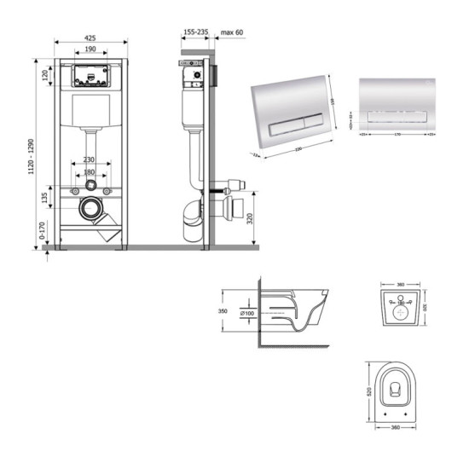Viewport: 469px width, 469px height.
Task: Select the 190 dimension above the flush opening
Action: click(x=90, y=49)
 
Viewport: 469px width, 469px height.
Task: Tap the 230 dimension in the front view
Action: click(x=90, y=160)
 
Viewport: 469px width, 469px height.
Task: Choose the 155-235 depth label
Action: click(x=195, y=32)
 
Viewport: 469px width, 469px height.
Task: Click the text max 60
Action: click(x=233, y=32)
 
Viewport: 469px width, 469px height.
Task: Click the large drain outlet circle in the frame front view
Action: click(x=89, y=206)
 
